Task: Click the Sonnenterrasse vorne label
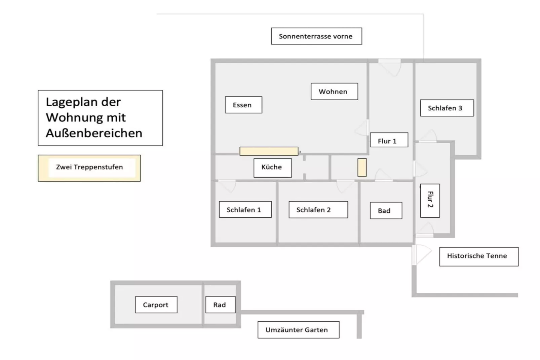(x=316, y=36)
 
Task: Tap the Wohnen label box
(x=334, y=92)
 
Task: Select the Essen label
(x=243, y=105)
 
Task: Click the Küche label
(x=272, y=168)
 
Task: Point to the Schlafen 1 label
(x=245, y=210)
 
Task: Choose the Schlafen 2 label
(x=318, y=210)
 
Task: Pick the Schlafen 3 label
(x=447, y=108)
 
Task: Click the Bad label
(x=386, y=211)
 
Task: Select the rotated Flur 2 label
(x=430, y=201)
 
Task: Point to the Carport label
(x=156, y=305)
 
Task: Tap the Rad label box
(x=220, y=305)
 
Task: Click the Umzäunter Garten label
(x=298, y=330)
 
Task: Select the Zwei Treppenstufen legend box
(x=89, y=168)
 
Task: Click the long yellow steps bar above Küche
(x=268, y=151)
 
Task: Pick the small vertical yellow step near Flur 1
(x=362, y=167)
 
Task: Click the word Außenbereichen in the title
(x=94, y=133)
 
